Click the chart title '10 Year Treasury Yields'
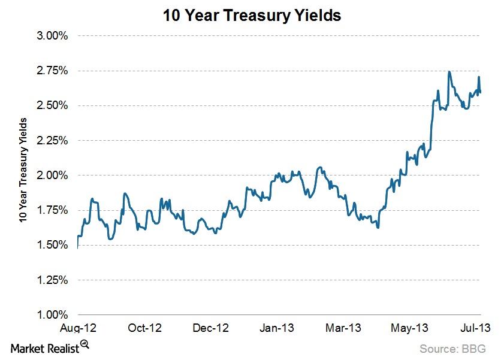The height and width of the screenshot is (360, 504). click(252, 16)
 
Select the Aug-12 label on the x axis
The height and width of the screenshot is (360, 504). click(78, 328)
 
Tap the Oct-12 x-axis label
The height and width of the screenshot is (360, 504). click(145, 328)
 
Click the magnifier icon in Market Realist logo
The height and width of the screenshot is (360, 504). click(84, 344)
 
